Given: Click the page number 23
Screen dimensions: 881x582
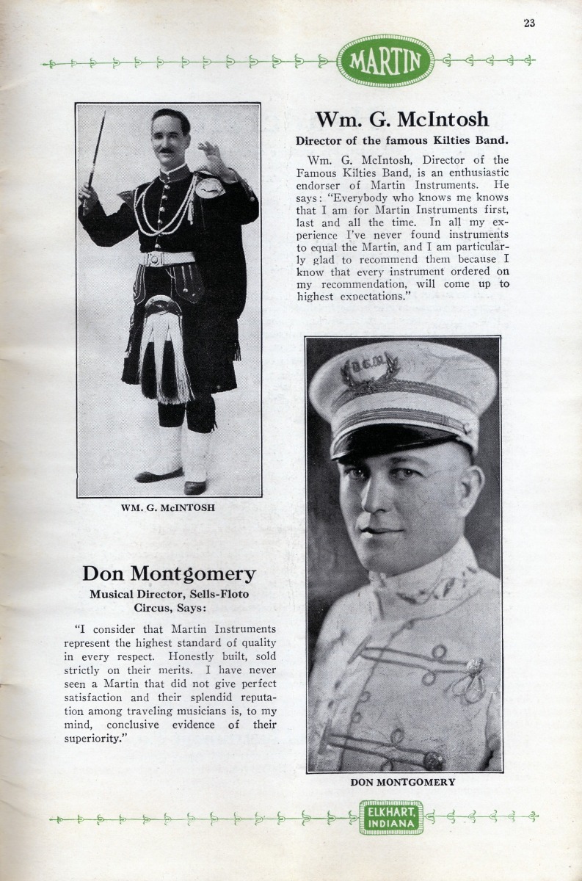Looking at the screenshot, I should coord(529,23).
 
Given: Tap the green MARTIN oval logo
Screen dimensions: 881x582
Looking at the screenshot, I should coord(385,61).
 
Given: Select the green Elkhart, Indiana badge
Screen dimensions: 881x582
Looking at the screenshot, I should coord(391,816).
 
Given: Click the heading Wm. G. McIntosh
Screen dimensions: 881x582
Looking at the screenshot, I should coord(401,119).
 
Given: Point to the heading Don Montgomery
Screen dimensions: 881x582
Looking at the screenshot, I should coord(169,573).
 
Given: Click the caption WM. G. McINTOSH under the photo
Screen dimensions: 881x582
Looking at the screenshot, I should coord(168,507).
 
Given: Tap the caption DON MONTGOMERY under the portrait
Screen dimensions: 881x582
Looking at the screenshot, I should coord(402,782).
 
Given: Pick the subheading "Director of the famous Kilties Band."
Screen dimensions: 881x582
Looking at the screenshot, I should coord(402,139).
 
